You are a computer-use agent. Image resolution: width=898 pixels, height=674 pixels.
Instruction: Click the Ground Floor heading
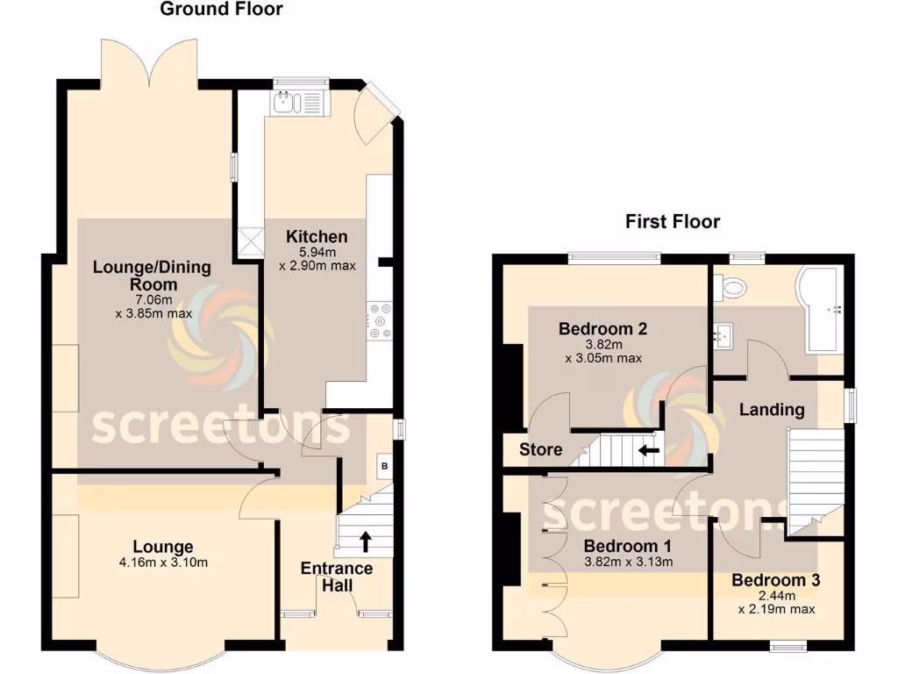pos(221,10)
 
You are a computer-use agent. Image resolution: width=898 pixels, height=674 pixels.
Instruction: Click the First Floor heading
pos(672,221)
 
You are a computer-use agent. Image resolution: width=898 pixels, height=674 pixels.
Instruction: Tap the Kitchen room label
pos(317,237)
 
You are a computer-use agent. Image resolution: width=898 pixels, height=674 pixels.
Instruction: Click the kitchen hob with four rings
pos(379,320)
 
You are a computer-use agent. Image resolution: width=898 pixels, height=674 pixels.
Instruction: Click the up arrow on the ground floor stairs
pos(364,540)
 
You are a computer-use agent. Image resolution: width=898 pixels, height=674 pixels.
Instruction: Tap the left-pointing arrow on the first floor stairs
pos(649,451)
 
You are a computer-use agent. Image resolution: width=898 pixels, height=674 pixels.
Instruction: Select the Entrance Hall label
pos(337,577)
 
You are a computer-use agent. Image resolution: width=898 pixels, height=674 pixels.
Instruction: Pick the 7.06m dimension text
pos(153,300)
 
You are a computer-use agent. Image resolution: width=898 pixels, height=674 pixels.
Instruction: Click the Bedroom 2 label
pos(603,330)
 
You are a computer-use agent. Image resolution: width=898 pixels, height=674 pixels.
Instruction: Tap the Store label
pos(541,450)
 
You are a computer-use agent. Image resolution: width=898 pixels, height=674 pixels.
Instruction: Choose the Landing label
pos(772,409)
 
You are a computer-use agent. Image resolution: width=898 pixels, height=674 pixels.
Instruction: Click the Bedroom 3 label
pos(776,581)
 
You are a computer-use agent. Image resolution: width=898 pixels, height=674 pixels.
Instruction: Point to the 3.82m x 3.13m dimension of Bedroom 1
pos(628,563)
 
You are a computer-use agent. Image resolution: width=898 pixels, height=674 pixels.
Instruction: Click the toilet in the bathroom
pos(730,286)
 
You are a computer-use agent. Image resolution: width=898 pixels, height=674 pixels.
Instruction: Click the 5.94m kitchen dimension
pos(317,252)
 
